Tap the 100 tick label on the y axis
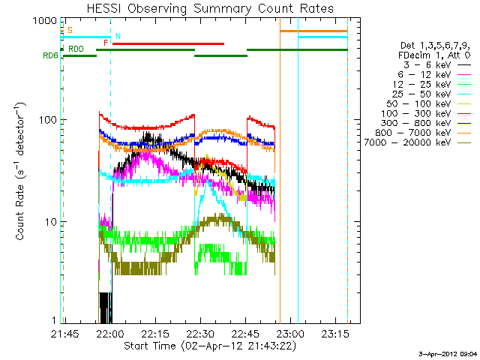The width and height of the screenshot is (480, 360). (x=39, y=121)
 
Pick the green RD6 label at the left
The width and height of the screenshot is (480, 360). (x=50, y=56)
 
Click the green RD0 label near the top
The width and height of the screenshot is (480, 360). (x=76, y=49)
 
